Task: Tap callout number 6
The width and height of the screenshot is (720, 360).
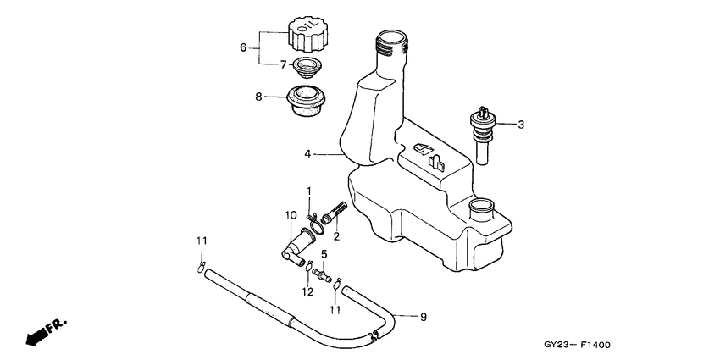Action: tap(244, 47)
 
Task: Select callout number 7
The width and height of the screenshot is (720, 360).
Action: tap(284, 64)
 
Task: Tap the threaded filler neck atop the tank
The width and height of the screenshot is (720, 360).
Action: tap(390, 42)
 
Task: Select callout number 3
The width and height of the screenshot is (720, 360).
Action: tap(521, 125)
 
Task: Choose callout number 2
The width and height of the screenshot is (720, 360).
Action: tap(336, 237)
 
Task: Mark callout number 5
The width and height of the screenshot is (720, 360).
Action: tap(324, 253)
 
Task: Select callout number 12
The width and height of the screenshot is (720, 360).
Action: tap(307, 291)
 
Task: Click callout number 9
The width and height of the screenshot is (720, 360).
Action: tap(424, 317)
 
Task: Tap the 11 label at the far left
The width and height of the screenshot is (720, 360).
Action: tap(201, 241)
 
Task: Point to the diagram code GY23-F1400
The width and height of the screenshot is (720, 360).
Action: tap(578, 346)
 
